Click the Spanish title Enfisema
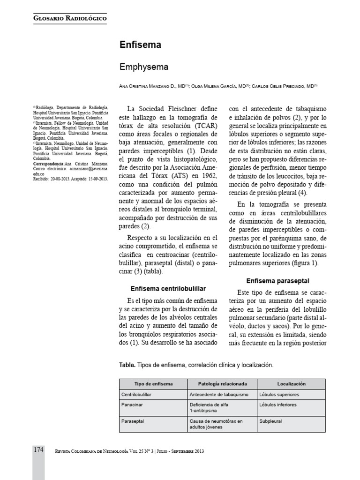(x=141, y=45)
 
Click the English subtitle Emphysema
(x=144, y=67)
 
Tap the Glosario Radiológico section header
(x=70, y=18)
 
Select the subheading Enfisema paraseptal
(x=277, y=281)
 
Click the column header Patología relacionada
(x=223, y=383)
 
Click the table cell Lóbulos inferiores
(x=278, y=405)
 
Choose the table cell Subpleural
(x=270, y=421)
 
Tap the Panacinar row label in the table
(x=132, y=405)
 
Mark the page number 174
(x=38, y=450)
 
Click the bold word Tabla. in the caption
(x=128, y=365)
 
